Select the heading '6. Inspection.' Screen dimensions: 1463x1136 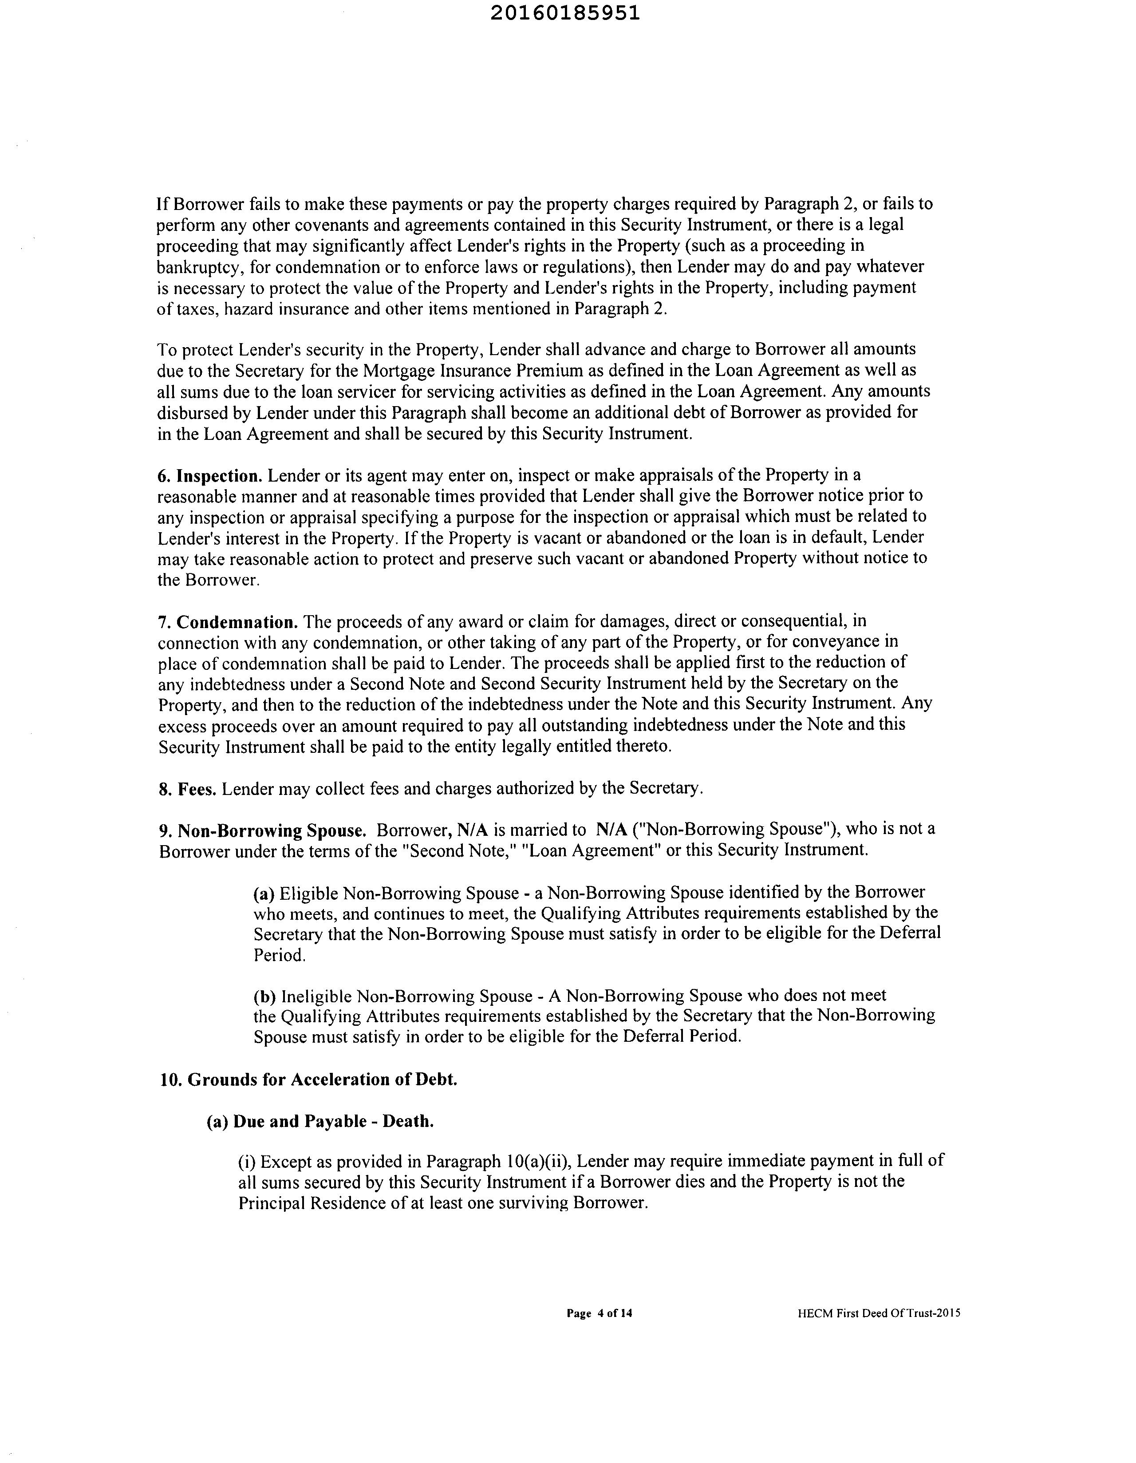[209, 476]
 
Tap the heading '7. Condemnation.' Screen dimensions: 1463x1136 [228, 622]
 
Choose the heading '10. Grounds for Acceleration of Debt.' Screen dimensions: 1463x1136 [308, 1080]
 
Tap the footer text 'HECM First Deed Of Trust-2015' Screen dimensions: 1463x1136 [879, 1313]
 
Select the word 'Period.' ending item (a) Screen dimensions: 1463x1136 [279, 955]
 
